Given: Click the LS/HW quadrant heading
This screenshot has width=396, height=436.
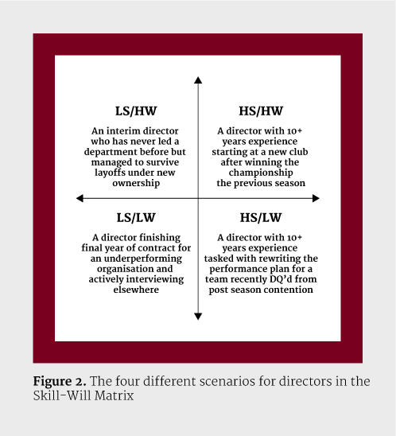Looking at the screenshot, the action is pyautogui.click(x=136, y=111).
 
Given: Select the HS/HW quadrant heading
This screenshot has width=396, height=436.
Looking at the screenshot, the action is pyautogui.click(x=261, y=111).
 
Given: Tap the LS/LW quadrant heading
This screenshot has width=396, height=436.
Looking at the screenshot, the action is pyautogui.click(x=136, y=218).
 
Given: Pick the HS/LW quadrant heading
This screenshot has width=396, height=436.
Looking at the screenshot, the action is pyautogui.click(x=261, y=218).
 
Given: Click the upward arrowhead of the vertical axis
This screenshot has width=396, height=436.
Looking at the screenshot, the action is pyautogui.click(x=198, y=80).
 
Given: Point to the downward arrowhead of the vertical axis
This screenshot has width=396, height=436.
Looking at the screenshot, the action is pyautogui.click(x=198, y=317).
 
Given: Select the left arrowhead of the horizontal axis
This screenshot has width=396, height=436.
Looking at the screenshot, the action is pyautogui.click(x=80, y=198).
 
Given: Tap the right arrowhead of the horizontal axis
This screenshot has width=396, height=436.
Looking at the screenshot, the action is pyautogui.click(x=316, y=198).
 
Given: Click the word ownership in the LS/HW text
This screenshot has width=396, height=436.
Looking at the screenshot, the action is pyautogui.click(x=136, y=183).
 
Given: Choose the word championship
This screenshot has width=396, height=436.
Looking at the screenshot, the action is pyautogui.click(x=261, y=173).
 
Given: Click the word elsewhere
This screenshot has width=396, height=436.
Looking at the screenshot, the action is pyautogui.click(x=136, y=290).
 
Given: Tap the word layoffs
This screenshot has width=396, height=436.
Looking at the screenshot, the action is pyautogui.click(x=108, y=173).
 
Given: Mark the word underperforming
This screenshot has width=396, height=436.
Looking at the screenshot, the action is pyautogui.click(x=143, y=259).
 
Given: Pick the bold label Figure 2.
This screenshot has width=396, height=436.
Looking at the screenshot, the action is pyautogui.click(x=60, y=382).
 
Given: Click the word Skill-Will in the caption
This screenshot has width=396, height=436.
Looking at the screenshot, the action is pyautogui.click(x=62, y=395).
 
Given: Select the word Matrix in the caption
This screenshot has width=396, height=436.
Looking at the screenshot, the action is pyautogui.click(x=114, y=395).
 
